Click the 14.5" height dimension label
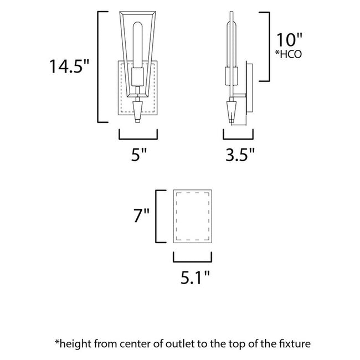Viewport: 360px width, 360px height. coord(69,66)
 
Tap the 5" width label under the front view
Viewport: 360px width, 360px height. coord(138,155)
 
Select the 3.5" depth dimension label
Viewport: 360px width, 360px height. coord(240,155)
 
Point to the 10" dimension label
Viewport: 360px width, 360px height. coord(289,40)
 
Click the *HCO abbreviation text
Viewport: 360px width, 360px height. coord(289,54)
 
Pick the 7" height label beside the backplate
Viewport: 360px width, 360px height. coord(141,215)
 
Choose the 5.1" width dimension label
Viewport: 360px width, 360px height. coord(195,277)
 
